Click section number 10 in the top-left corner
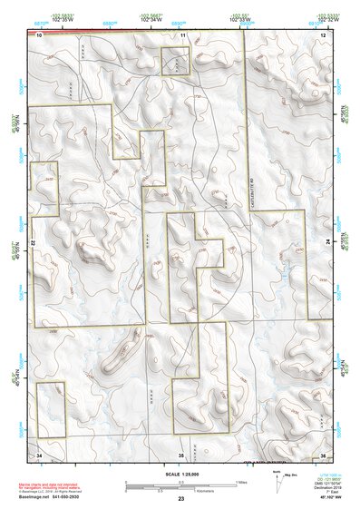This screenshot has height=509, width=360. pos(40,34)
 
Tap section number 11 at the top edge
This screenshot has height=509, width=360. pos(183,34)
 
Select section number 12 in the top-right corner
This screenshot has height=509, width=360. pos(323,34)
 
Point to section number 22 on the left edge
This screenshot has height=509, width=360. pos(34,243)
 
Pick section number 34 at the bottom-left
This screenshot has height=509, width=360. pos(40,453)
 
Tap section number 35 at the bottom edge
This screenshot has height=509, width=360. pos(181,453)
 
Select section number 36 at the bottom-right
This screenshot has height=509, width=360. pos(323,453)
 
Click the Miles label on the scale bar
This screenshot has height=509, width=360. pos(241,481)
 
